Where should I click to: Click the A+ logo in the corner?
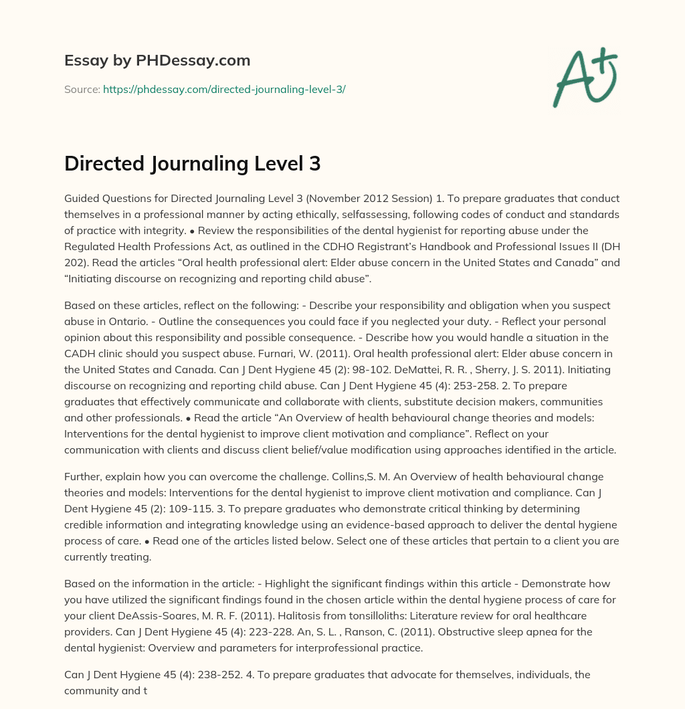585,77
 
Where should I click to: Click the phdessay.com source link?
224,89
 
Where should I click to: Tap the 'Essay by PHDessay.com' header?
157,61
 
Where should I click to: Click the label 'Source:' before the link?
82,89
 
